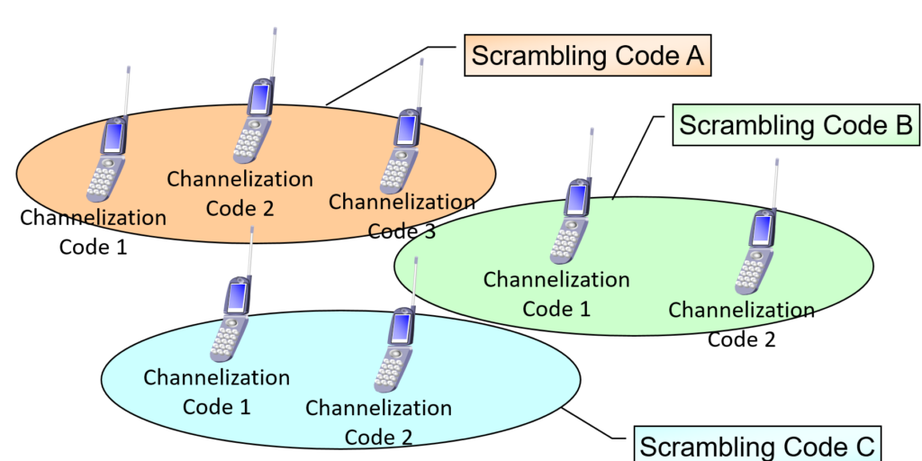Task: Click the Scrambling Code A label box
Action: (x=588, y=56)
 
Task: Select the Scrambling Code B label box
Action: (x=795, y=125)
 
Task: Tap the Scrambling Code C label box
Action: (x=756, y=445)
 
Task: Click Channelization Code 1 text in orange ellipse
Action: (x=93, y=231)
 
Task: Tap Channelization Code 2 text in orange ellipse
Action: (x=240, y=193)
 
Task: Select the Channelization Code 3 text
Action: (x=402, y=216)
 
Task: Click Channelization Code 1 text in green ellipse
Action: (x=556, y=294)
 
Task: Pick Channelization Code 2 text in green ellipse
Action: (x=741, y=324)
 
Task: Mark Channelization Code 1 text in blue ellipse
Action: (x=216, y=392)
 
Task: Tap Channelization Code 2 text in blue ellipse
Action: (x=378, y=422)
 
